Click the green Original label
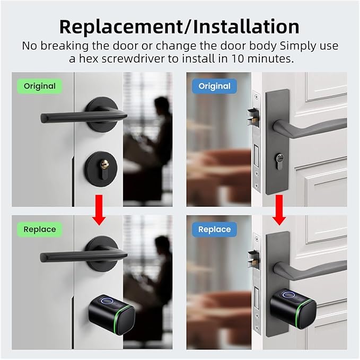click(39, 86)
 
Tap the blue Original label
click(214, 86)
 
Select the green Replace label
click(39, 230)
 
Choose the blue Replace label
click(214, 230)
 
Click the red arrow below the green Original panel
click(99, 210)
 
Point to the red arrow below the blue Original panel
click(279, 210)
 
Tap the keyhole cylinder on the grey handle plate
click(279, 161)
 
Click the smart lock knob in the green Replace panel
click(112, 314)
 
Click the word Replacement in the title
click(121, 27)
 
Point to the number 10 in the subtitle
click(238, 58)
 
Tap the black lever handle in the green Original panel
click(84, 117)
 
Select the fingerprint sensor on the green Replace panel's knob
click(106, 301)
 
